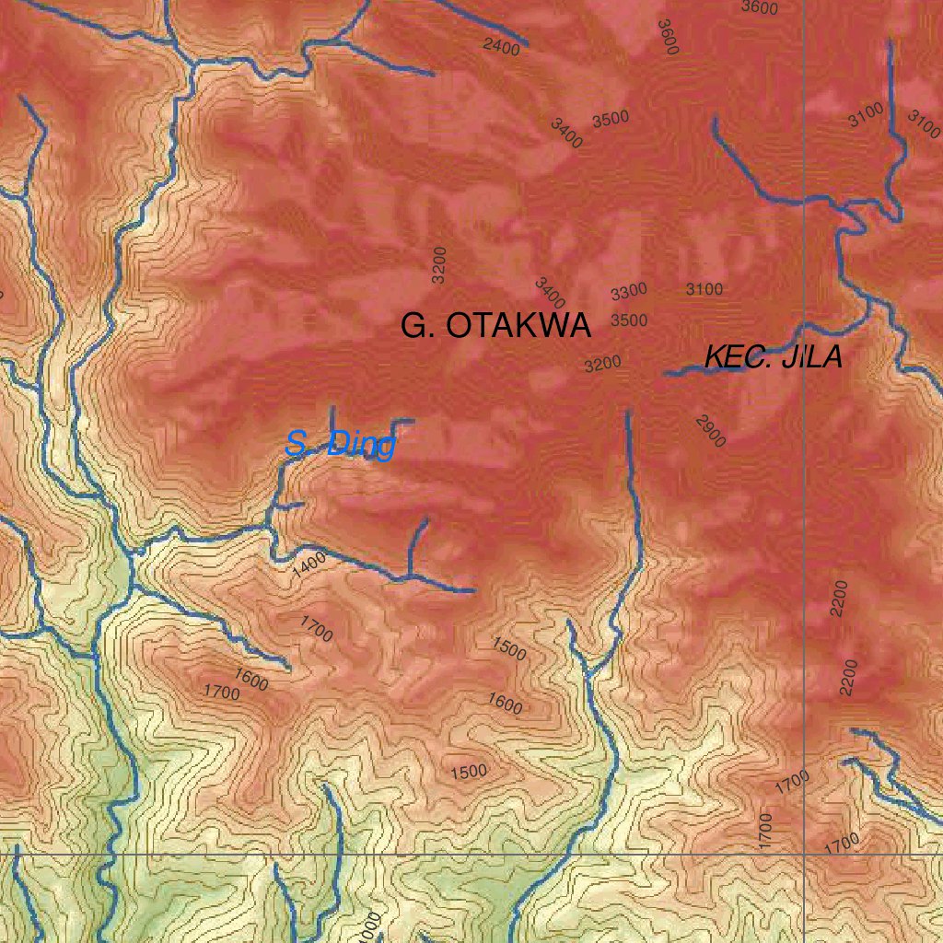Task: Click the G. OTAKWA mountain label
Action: point(495,326)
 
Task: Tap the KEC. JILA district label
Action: point(773,357)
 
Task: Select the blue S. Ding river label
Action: point(340,446)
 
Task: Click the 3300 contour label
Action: point(629,293)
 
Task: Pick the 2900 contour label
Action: point(711,431)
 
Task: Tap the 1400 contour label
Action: point(309,565)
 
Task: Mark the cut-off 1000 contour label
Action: point(370,926)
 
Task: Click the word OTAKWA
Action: point(518,326)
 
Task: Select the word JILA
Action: point(811,357)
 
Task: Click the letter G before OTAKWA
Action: point(414,326)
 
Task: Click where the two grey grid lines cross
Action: point(804,854)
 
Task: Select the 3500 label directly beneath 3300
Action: point(629,320)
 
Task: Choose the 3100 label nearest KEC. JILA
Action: point(704,289)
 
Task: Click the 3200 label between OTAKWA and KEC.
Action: point(603,365)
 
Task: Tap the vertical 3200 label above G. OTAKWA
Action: point(439,263)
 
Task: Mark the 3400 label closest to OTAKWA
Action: point(550,293)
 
